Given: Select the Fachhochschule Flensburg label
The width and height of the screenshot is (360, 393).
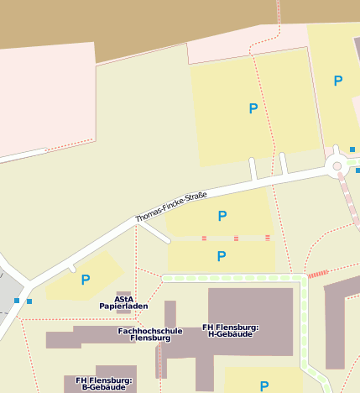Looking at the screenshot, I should coord(150,334).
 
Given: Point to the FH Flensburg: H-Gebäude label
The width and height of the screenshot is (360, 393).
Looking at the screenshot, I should coord(231,330).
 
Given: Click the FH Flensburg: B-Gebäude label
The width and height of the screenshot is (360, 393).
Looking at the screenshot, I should coord(103,384).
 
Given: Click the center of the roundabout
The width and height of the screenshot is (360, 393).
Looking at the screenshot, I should coord(337,166).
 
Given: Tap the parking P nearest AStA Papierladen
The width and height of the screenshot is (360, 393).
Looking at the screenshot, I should coord(85,280).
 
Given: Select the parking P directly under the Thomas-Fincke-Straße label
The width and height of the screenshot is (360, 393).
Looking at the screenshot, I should coord(222,217).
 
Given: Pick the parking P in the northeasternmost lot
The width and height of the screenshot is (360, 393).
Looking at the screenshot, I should coord(338,81).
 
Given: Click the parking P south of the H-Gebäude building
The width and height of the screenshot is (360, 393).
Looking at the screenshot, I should coord(263,386).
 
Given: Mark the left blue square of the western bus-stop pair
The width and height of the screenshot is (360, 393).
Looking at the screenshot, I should coord(17,300).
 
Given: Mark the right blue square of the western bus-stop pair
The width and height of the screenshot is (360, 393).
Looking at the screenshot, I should coord(29,301).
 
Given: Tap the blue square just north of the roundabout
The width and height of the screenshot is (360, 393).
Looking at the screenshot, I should coord(352,149).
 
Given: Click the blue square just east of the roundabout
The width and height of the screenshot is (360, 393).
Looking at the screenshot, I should coord(357,170).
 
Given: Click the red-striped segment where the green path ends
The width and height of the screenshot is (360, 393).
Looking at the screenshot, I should coord(318,274).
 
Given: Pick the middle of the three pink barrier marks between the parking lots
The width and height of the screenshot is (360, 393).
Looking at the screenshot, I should coord(236,238).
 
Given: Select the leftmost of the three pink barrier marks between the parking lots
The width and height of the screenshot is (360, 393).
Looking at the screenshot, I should coord(204,238).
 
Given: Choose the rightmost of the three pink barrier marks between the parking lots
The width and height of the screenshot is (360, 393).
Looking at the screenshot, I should coord(268,238).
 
